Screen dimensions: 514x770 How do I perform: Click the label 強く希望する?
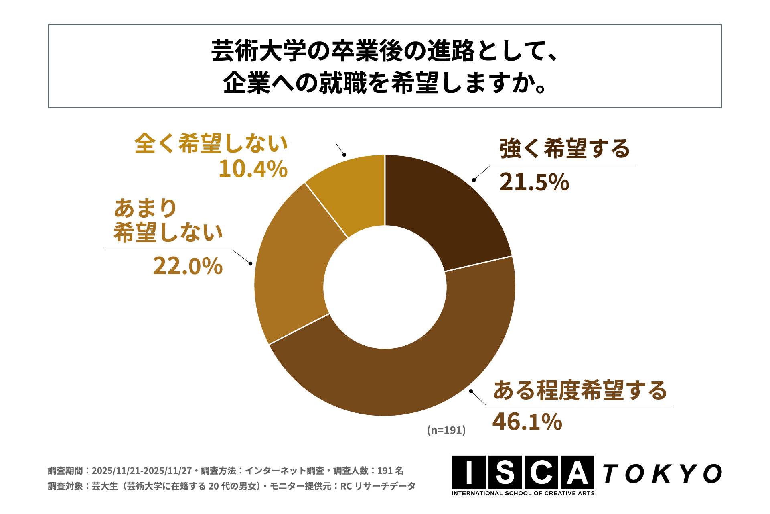(x=565, y=149)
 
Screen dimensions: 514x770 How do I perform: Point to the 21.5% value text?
(x=534, y=182)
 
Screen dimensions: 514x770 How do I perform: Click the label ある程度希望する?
(x=580, y=390)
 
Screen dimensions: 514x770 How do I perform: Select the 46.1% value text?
(x=527, y=422)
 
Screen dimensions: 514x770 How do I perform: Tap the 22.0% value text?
(x=188, y=266)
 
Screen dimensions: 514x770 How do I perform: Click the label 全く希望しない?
(x=211, y=143)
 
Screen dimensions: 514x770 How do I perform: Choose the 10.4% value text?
(x=253, y=169)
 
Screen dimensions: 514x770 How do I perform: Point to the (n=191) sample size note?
(x=446, y=430)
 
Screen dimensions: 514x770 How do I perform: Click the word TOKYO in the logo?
(x=662, y=474)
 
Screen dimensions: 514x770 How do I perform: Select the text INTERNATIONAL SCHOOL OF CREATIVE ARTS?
(x=523, y=494)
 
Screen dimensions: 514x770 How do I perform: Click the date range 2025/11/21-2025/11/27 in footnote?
(x=142, y=471)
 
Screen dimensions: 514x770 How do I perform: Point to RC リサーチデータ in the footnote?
(x=378, y=486)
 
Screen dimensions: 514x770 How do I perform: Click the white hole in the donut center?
(x=385, y=287)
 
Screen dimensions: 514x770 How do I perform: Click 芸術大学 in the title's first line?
(x=259, y=51)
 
